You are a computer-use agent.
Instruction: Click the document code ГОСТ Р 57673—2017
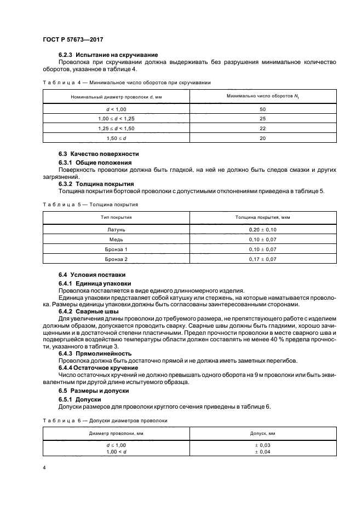[73, 40]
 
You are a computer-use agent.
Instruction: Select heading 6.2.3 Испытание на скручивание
[108, 55]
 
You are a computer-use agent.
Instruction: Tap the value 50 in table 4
[262, 109]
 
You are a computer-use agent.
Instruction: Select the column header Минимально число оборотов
[262, 96]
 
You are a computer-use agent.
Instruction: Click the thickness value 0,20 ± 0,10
[262, 230]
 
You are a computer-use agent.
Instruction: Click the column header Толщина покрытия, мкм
[262, 217]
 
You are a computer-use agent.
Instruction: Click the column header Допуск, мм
[262, 433]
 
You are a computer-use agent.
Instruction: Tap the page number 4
[44, 468]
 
